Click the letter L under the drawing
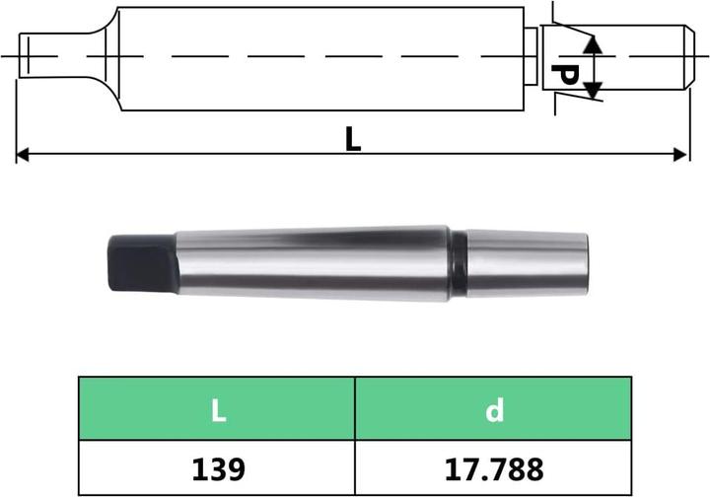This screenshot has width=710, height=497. point(352,139)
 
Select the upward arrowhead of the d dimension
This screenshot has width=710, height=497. point(592,45)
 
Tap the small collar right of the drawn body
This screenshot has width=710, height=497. point(530,56)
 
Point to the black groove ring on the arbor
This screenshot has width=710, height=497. point(459,262)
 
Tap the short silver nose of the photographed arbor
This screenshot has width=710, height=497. point(528,262)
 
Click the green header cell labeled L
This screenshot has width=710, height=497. point(217,408)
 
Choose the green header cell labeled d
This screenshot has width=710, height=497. point(494,408)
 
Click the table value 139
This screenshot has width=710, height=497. point(217,464)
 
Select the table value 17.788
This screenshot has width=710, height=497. point(494,464)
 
